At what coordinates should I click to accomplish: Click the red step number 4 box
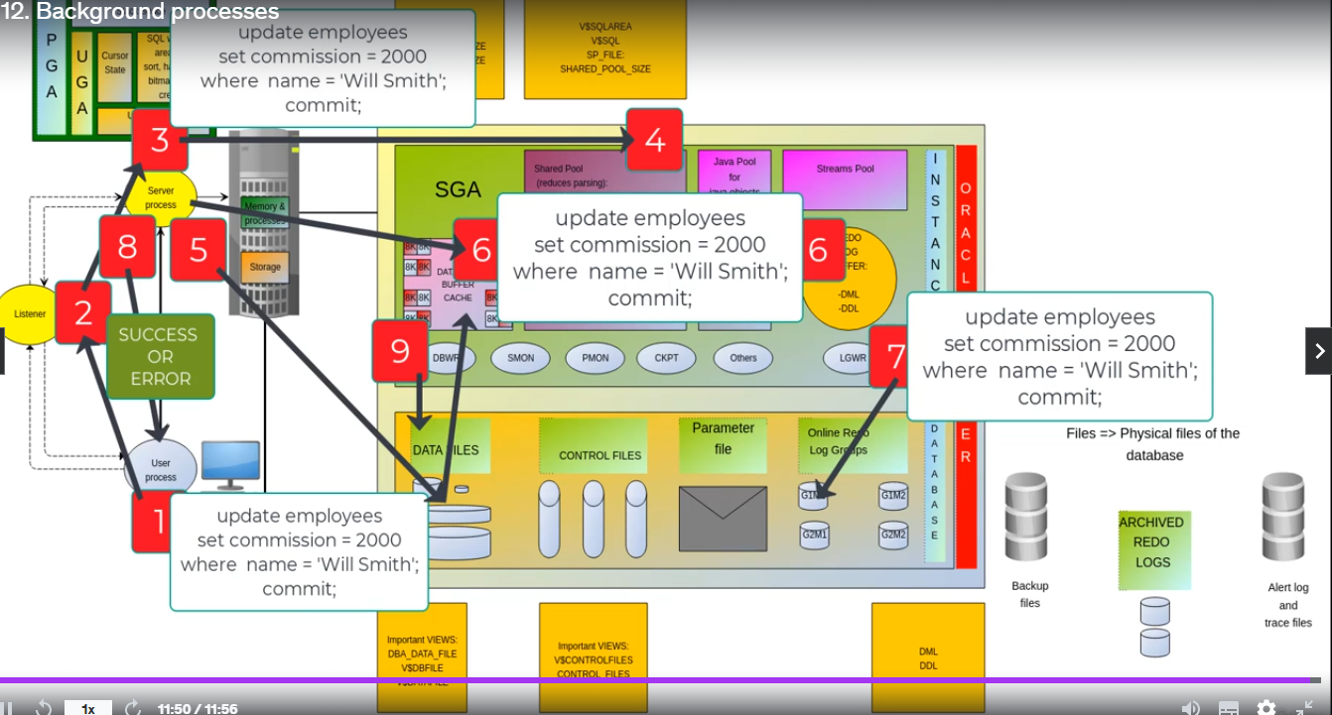tap(654, 141)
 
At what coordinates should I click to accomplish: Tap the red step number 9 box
tap(400, 350)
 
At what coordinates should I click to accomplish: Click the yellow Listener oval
tap(27, 314)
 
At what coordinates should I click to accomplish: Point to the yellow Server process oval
tap(161, 197)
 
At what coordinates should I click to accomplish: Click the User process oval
tap(160, 467)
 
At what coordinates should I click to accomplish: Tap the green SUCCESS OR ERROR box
tap(160, 356)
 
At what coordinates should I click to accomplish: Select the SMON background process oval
tap(521, 358)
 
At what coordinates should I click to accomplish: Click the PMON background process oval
tap(595, 358)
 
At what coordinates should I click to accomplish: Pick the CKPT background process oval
tap(668, 358)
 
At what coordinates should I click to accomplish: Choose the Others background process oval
tap(742, 358)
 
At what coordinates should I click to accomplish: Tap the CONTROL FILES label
tap(599, 455)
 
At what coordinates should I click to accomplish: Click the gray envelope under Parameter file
tap(723, 519)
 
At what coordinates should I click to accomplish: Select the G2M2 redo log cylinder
tap(893, 536)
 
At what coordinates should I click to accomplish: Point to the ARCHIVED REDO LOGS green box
tap(1151, 542)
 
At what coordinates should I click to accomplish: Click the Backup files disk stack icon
tap(1026, 517)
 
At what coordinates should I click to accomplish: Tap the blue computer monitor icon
tap(230, 464)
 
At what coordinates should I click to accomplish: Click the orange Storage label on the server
tap(265, 267)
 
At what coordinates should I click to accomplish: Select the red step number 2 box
tap(83, 313)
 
